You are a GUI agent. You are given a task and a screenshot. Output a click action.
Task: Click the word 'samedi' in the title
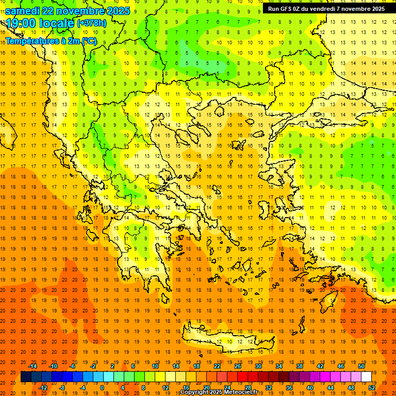22,11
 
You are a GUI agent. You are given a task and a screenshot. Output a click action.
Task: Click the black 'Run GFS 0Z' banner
326,9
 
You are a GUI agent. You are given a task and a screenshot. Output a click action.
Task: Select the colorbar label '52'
372,388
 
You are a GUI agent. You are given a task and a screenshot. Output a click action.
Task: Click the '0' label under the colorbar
102,388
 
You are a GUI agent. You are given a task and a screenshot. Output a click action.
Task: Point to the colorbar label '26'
238,366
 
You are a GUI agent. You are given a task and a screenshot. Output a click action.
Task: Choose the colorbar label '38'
299,366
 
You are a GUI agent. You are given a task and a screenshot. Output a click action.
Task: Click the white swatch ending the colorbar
367,377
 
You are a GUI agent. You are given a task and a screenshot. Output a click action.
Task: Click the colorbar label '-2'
93,366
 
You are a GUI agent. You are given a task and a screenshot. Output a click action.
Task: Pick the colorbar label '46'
340,366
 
